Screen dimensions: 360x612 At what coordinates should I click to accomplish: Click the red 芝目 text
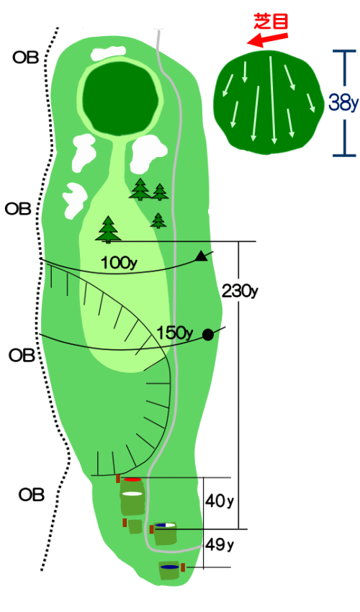point(271,21)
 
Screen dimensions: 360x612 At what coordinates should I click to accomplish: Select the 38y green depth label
point(343,103)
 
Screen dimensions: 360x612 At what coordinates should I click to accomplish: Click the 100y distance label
point(119,263)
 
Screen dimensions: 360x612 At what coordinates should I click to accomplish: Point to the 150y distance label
point(174,333)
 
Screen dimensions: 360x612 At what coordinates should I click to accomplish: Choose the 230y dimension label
point(240,291)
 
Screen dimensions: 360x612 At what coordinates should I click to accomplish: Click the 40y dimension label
point(220,501)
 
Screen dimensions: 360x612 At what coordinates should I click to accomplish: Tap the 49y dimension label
point(220,544)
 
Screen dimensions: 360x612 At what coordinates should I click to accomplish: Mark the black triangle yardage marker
point(201,256)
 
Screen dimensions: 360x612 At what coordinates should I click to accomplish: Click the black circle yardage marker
point(208,335)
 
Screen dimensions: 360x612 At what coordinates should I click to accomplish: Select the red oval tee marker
point(132,480)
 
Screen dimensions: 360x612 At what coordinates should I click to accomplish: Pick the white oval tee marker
point(132,494)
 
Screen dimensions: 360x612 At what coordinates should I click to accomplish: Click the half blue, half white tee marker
point(165,525)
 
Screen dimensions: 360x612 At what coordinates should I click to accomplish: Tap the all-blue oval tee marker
point(169,567)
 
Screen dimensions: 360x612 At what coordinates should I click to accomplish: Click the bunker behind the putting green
point(109,53)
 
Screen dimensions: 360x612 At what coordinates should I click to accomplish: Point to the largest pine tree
point(108,230)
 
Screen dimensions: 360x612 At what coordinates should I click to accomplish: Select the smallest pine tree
point(158,220)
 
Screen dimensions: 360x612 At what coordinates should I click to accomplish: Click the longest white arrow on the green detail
point(272,99)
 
